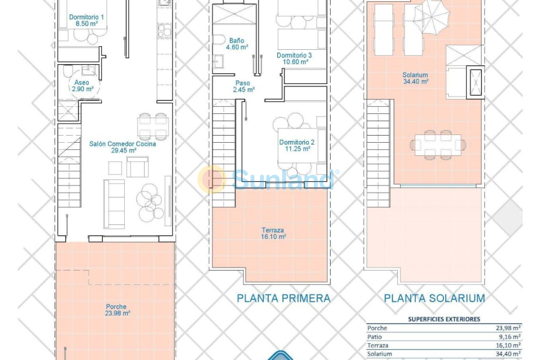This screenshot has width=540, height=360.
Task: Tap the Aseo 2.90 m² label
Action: (82, 85)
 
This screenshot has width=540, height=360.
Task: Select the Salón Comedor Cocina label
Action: (122, 148)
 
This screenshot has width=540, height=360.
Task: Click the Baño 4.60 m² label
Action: (236, 44)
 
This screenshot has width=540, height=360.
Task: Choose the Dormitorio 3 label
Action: (293, 58)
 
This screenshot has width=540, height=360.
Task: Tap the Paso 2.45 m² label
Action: (244, 86)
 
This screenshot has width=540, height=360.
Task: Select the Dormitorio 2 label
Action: (296, 146)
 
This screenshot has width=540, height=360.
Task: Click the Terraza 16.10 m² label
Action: (273, 233)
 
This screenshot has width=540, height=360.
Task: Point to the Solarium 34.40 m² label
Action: (415, 79)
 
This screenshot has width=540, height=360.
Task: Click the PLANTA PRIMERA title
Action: (283, 298)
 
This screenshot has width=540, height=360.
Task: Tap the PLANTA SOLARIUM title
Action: (434, 298)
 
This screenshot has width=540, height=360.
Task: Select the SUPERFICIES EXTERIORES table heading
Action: (443, 319)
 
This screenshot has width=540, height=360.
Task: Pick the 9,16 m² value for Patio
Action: (508, 338)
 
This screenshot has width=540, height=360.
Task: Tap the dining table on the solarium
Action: (439, 144)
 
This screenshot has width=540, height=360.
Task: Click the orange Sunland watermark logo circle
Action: (212, 179)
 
